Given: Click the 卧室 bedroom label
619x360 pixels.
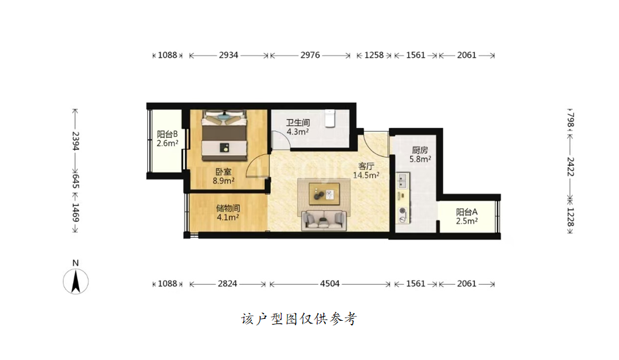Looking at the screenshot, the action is coord(224,172).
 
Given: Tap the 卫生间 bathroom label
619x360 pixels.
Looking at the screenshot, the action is coord(298,122).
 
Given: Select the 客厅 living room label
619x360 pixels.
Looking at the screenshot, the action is coord(366,166).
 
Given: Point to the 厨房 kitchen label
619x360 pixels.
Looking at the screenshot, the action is coord(420,150).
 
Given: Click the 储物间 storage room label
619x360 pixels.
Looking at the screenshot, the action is coord(228,208).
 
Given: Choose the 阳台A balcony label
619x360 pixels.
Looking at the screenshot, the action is coord(467,212).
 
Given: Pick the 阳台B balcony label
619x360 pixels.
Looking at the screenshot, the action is coord(167,134).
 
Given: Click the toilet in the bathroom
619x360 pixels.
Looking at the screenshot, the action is coord(330,118).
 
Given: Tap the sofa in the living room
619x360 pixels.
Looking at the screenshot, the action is coord(324,221).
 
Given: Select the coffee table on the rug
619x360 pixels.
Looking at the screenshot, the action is coord(324,194).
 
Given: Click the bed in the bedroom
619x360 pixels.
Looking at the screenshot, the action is coord(224,136).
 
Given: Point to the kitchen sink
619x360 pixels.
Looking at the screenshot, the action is coord(402,181).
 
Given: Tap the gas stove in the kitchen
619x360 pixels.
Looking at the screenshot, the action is coord(402,215).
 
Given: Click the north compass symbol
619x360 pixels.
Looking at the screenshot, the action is coord(76,281).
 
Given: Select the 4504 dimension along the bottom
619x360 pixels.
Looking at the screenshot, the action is coord(330,283).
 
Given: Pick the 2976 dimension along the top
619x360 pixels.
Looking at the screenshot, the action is coord(310,55).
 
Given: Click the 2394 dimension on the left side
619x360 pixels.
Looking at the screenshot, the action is coord(75,141).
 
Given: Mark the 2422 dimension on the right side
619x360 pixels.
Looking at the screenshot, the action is coord(570,166).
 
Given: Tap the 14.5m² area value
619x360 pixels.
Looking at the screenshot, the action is coord(366,175).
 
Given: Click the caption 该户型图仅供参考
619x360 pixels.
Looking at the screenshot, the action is coord(299,319).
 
